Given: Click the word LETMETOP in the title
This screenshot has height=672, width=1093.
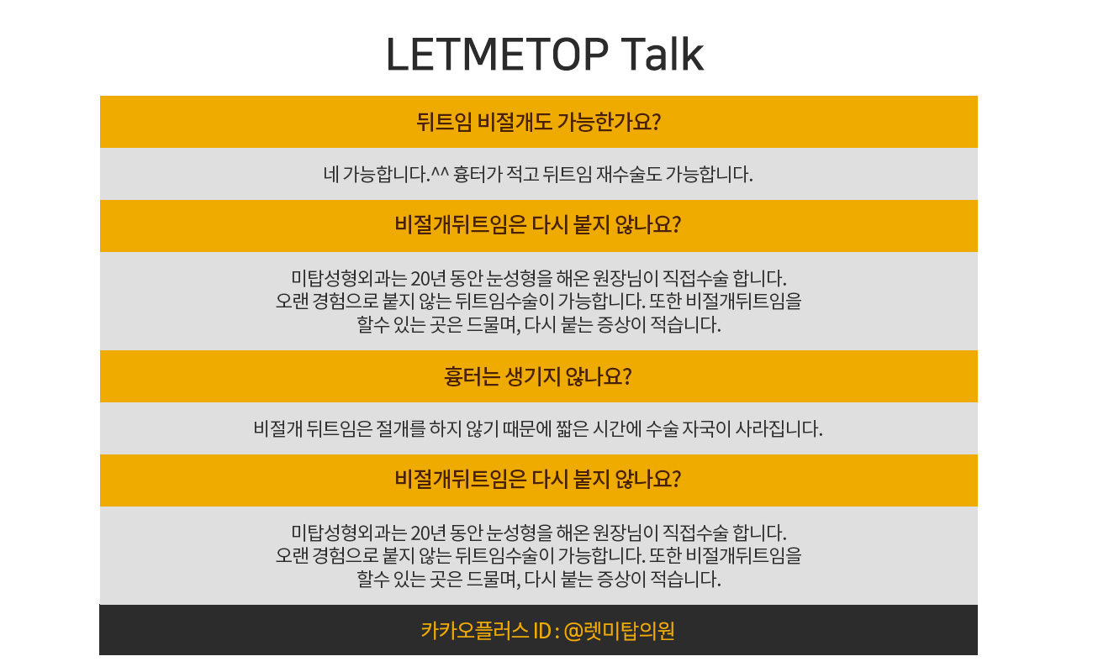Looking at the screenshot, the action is point(497,54).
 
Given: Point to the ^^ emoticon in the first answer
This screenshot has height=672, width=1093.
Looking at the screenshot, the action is point(440,172).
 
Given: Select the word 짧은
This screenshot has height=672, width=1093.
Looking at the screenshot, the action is point(573,428).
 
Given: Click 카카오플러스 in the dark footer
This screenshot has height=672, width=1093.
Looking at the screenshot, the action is point(475,631).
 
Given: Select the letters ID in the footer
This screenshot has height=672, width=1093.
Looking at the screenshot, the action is point(542,631).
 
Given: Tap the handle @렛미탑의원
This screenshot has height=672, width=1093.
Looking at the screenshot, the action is point(619,631).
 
